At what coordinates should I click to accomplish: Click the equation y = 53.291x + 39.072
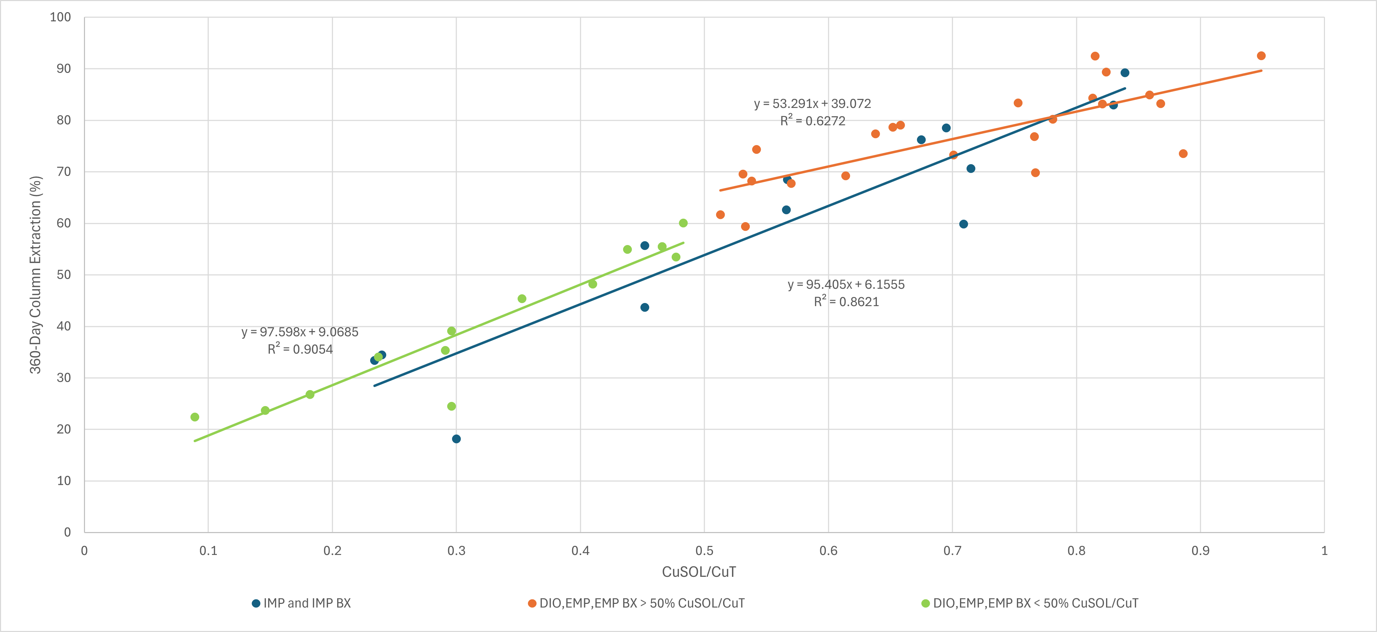[x=812, y=104]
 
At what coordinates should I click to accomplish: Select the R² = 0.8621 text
[x=846, y=302]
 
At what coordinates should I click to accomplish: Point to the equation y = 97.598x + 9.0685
[x=299, y=332]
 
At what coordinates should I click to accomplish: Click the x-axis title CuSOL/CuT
[x=699, y=572]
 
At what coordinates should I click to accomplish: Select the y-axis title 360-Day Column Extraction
[x=35, y=275]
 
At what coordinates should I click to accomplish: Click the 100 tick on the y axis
[x=60, y=17]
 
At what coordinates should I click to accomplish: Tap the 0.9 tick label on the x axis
[x=1200, y=551]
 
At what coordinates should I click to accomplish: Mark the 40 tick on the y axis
[x=63, y=326]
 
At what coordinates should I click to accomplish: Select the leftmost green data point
[x=195, y=417]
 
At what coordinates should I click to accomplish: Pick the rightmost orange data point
[x=1261, y=56]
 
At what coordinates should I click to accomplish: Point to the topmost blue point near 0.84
[x=1125, y=73]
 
